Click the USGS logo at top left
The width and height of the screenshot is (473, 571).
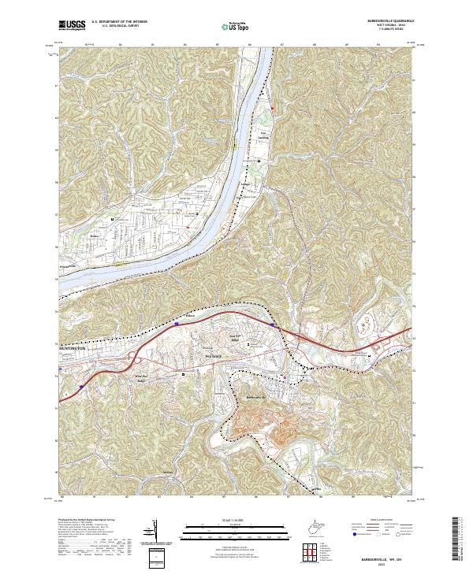pos(73,25)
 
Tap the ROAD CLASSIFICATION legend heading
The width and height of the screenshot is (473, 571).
pos(384,521)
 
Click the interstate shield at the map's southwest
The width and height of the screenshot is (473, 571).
pos(82,387)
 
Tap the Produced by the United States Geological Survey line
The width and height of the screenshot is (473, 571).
pos(87,521)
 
